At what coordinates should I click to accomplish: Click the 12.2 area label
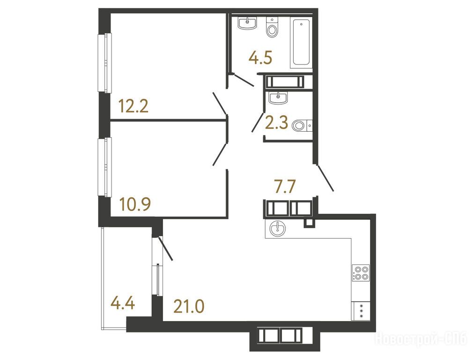(x=133, y=106)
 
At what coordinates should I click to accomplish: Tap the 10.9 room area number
(x=135, y=204)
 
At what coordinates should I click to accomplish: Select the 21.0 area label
(x=189, y=306)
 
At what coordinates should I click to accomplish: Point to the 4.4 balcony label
(x=122, y=303)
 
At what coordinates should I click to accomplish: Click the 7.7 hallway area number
(x=284, y=186)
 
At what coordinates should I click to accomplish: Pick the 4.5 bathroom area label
(x=260, y=58)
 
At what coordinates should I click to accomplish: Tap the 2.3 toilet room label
(x=276, y=123)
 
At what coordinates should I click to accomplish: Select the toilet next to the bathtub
(x=272, y=27)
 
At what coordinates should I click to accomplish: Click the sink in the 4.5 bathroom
(x=247, y=23)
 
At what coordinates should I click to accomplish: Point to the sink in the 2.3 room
(x=278, y=98)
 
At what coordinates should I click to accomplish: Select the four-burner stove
(x=361, y=273)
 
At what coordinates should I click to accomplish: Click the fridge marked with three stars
(x=361, y=311)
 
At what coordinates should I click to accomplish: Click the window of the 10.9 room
(x=104, y=167)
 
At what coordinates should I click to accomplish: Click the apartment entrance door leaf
(x=325, y=178)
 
